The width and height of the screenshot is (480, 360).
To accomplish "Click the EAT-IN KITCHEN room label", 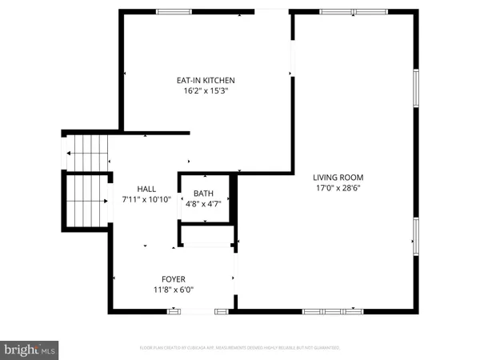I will [x=206, y=80].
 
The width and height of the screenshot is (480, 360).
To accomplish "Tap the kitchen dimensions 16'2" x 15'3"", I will [x=206, y=91].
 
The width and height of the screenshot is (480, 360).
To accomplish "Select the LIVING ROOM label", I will [x=338, y=177].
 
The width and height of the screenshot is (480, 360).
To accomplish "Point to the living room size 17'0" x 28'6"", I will [x=338, y=189].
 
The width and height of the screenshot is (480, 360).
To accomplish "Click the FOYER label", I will [x=173, y=279].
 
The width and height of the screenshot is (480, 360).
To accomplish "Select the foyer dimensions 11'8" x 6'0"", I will [x=173, y=290].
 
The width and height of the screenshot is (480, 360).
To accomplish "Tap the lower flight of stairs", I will [x=87, y=200].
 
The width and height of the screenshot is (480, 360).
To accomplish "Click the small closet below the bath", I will [x=206, y=235].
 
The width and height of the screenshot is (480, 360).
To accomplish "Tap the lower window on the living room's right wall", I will [x=416, y=236].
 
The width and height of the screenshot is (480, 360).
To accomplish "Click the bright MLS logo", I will [x=30, y=350].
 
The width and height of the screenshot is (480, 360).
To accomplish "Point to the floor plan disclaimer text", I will [x=240, y=349].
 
